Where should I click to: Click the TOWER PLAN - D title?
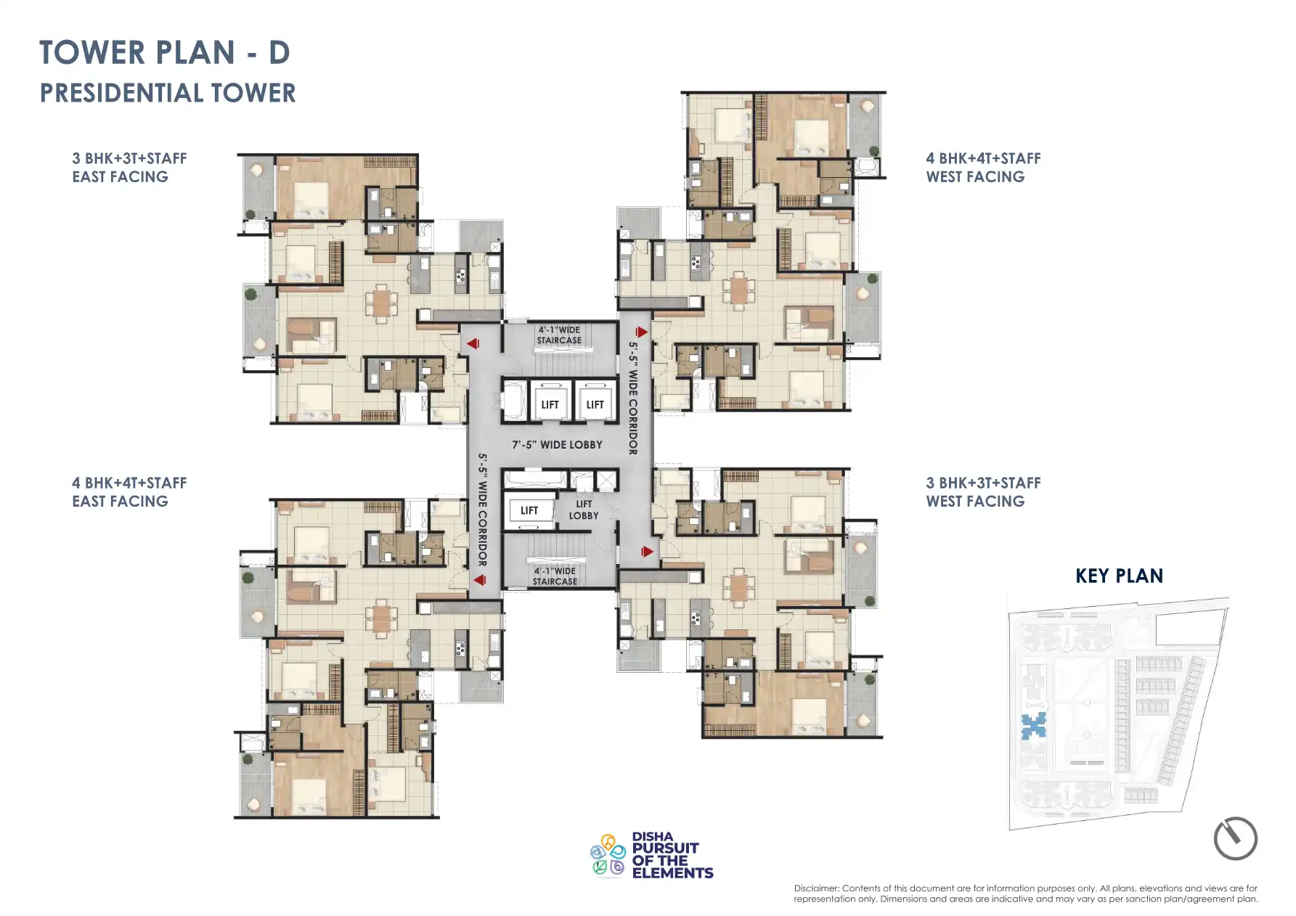[165, 53]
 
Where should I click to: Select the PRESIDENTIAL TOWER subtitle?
[168, 93]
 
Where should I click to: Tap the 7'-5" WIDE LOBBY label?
[557, 444]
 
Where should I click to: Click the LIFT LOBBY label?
[584, 510]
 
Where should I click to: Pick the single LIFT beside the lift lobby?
[529, 510]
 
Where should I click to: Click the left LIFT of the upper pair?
[550, 404]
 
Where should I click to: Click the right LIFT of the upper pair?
[595, 404]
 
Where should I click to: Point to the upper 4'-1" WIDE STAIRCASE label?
[559, 335]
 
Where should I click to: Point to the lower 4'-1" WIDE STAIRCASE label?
[555, 576]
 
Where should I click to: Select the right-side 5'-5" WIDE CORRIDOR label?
[633, 398]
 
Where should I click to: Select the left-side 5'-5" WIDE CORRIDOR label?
[482, 510]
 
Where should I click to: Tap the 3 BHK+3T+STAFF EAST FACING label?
[129, 168]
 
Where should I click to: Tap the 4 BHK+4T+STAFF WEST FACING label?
[983, 168]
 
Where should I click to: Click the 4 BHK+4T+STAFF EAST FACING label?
[129, 492]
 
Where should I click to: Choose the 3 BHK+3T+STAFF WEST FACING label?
[983, 492]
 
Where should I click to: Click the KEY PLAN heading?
[1119, 576]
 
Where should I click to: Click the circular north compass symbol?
[1235, 838]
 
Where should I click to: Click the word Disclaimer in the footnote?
[816, 888]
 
